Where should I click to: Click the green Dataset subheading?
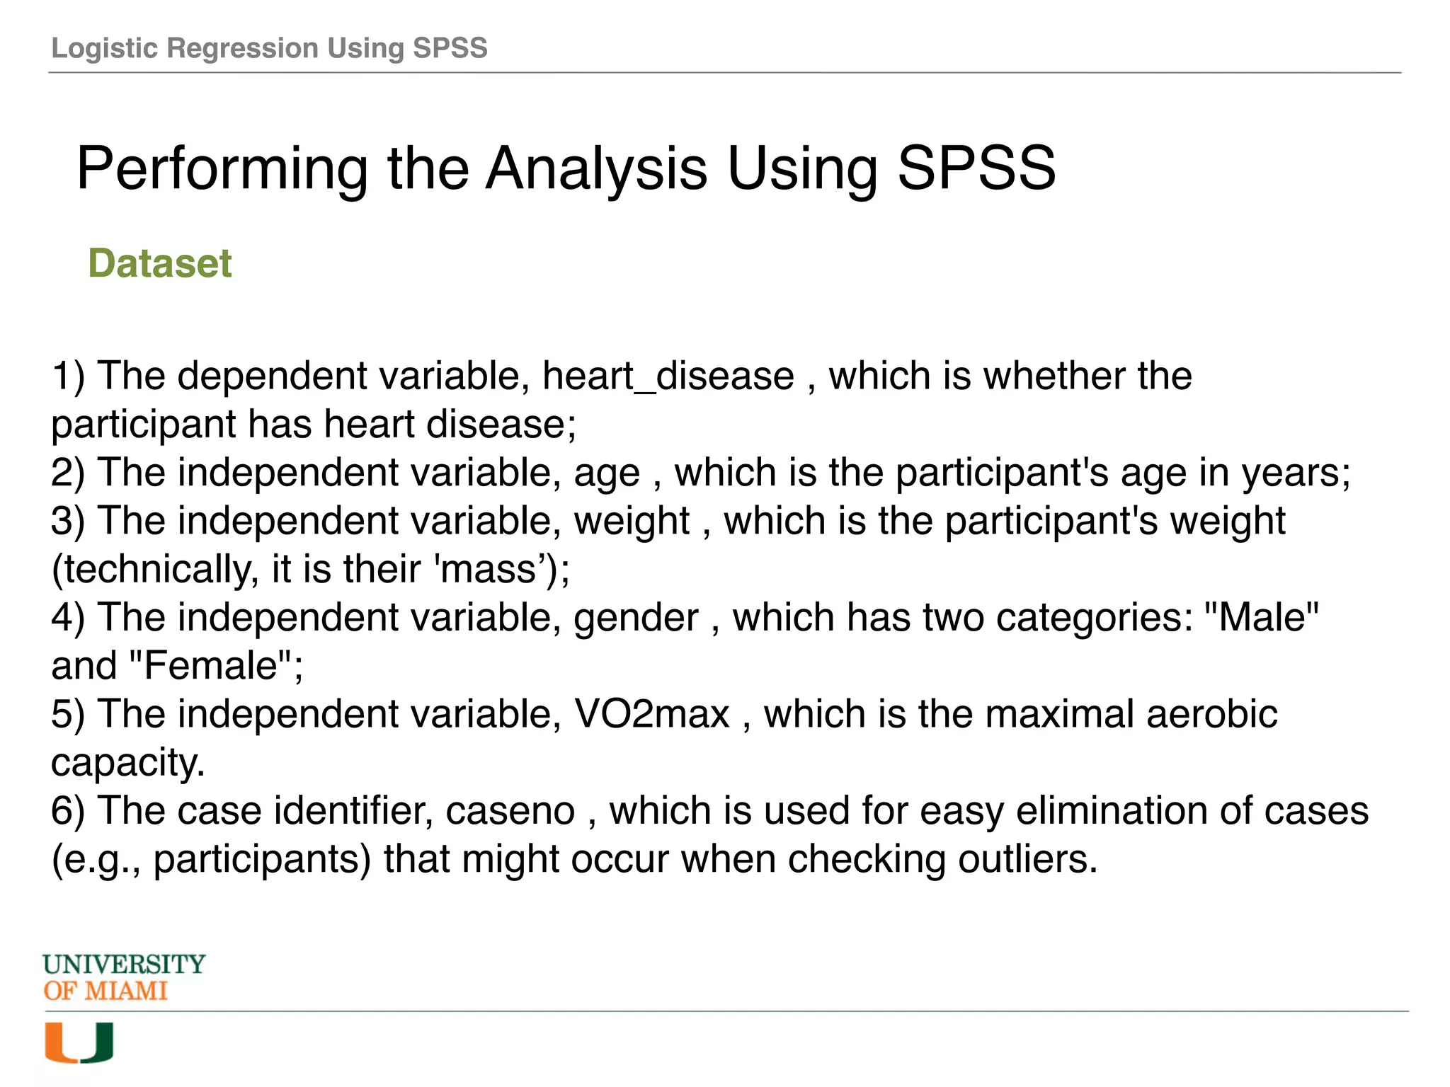click(159, 264)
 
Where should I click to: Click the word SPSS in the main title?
click(976, 168)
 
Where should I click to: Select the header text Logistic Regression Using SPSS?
click(269, 48)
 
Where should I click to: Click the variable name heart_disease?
click(668, 376)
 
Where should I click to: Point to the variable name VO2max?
click(651, 714)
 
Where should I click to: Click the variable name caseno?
click(510, 811)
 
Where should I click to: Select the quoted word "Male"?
click(1261, 617)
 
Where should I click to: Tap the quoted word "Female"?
click(210, 666)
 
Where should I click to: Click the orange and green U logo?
click(79, 1042)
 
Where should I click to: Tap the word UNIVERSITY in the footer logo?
click(124, 965)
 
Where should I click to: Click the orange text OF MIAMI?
click(105, 991)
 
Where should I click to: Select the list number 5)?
click(68, 714)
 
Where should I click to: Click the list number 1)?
click(68, 376)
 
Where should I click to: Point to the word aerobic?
click(1211, 714)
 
